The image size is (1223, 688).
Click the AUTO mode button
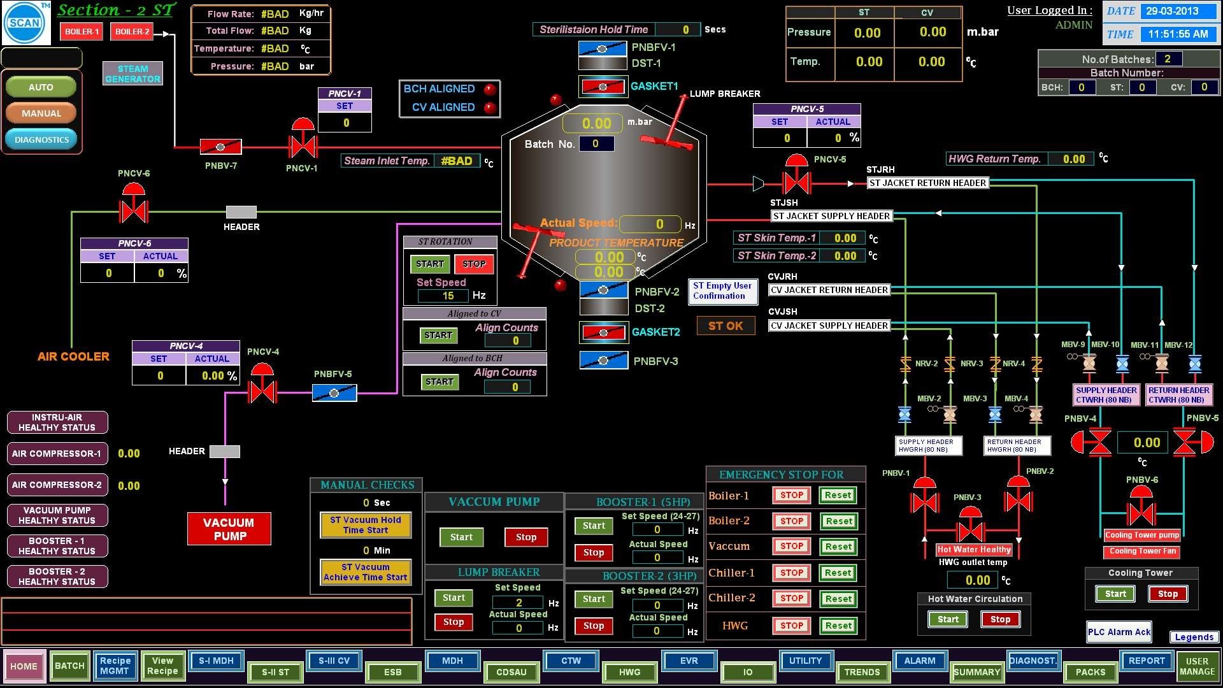(x=41, y=87)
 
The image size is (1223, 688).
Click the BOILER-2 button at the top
(x=132, y=31)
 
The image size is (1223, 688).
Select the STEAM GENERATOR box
(x=132, y=74)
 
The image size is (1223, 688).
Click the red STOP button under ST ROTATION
(x=474, y=264)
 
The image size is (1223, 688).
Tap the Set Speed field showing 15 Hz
(x=448, y=296)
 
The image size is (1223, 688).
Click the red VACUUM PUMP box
(x=229, y=529)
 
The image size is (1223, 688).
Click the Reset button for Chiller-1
(x=838, y=573)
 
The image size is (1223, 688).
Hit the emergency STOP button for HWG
(x=792, y=626)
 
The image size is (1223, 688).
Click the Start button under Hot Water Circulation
(x=948, y=619)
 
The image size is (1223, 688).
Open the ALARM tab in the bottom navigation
(x=920, y=661)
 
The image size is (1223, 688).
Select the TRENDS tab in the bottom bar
(x=862, y=672)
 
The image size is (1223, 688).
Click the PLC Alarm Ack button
(x=1119, y=632)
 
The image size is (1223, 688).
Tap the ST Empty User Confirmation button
(x=722, y=291)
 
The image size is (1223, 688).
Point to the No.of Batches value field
(x=1168, y=59)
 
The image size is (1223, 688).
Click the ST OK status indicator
(x=726, y=326)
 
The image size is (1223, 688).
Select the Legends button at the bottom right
(x=1194, y=637)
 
